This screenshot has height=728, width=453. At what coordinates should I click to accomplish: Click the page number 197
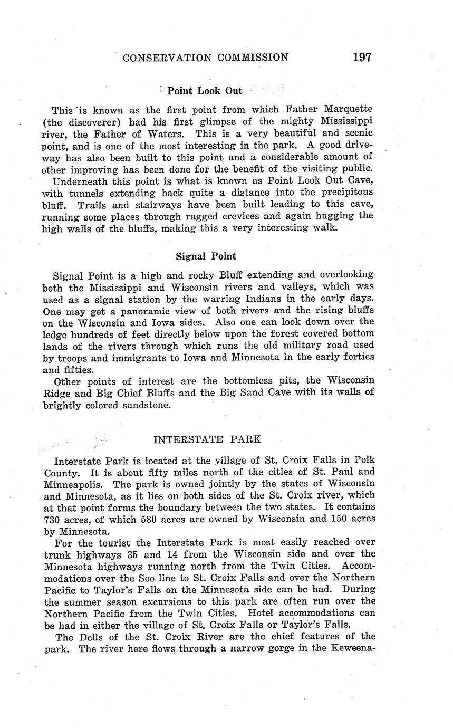point(362,57)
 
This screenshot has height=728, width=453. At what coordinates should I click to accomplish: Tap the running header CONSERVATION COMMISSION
point(205,58)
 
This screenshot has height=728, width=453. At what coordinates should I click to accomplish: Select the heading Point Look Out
point(205,91)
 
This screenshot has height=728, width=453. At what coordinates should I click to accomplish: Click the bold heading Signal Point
point(206,256)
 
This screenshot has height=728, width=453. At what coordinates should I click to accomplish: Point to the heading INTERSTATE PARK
point(207,439)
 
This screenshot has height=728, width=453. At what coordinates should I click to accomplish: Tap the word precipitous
point(341,193)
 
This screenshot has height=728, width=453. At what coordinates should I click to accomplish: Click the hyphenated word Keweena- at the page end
point(353,648)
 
